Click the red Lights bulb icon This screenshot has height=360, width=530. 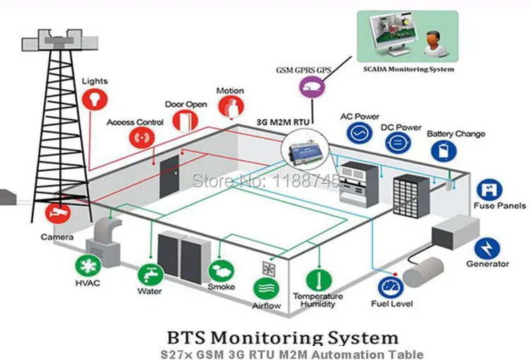95,99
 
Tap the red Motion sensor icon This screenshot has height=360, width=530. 231,107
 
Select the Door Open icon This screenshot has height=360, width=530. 185,120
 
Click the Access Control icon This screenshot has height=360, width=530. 142,138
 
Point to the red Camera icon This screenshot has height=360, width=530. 58,213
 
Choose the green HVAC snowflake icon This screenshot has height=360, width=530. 88,266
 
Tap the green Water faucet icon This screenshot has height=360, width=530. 151,274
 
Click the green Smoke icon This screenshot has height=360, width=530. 221,271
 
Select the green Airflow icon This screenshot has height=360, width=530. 266,289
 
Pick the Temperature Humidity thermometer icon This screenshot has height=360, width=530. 319,280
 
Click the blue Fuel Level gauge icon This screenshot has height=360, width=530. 391,288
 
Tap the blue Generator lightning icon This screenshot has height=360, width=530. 487,249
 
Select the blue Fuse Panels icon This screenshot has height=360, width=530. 489,190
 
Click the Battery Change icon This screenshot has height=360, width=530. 444,151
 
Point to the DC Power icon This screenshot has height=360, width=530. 398,142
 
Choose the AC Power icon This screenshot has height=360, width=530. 360,133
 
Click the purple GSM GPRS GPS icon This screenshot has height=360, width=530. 312,87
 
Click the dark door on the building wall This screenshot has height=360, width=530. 170,177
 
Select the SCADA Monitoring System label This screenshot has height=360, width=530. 408,69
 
